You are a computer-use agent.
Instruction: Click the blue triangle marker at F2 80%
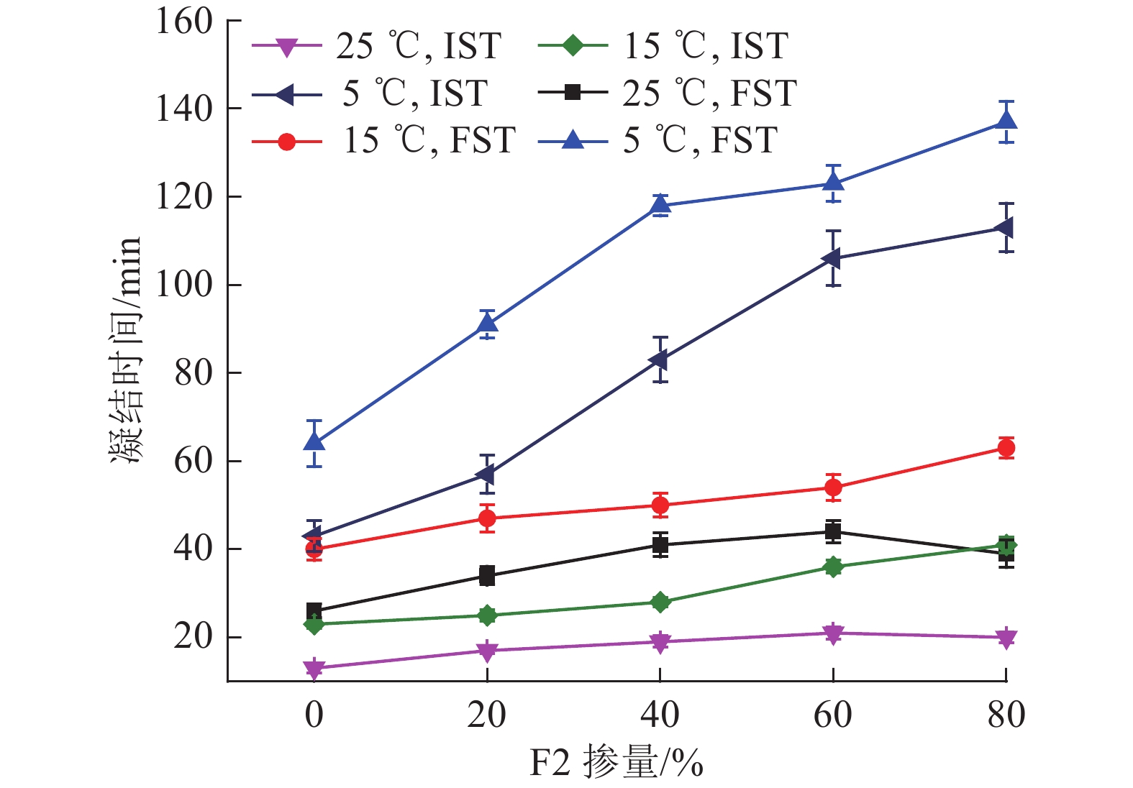1006,120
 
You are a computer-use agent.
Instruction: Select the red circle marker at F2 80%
1006,448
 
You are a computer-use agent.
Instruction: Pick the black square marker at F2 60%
833,532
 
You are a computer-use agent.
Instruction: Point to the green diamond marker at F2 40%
660,602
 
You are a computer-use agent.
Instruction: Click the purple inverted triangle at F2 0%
314,669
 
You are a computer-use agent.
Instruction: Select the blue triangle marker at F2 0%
314,441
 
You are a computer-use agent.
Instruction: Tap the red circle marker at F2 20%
487,518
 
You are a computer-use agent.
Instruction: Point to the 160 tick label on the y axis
184,22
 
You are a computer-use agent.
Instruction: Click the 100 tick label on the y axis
184,285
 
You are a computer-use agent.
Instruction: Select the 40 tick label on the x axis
660,715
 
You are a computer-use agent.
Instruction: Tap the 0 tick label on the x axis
314,715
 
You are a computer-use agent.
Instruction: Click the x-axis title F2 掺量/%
616,763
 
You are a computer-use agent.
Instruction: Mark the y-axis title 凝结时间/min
126,350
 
